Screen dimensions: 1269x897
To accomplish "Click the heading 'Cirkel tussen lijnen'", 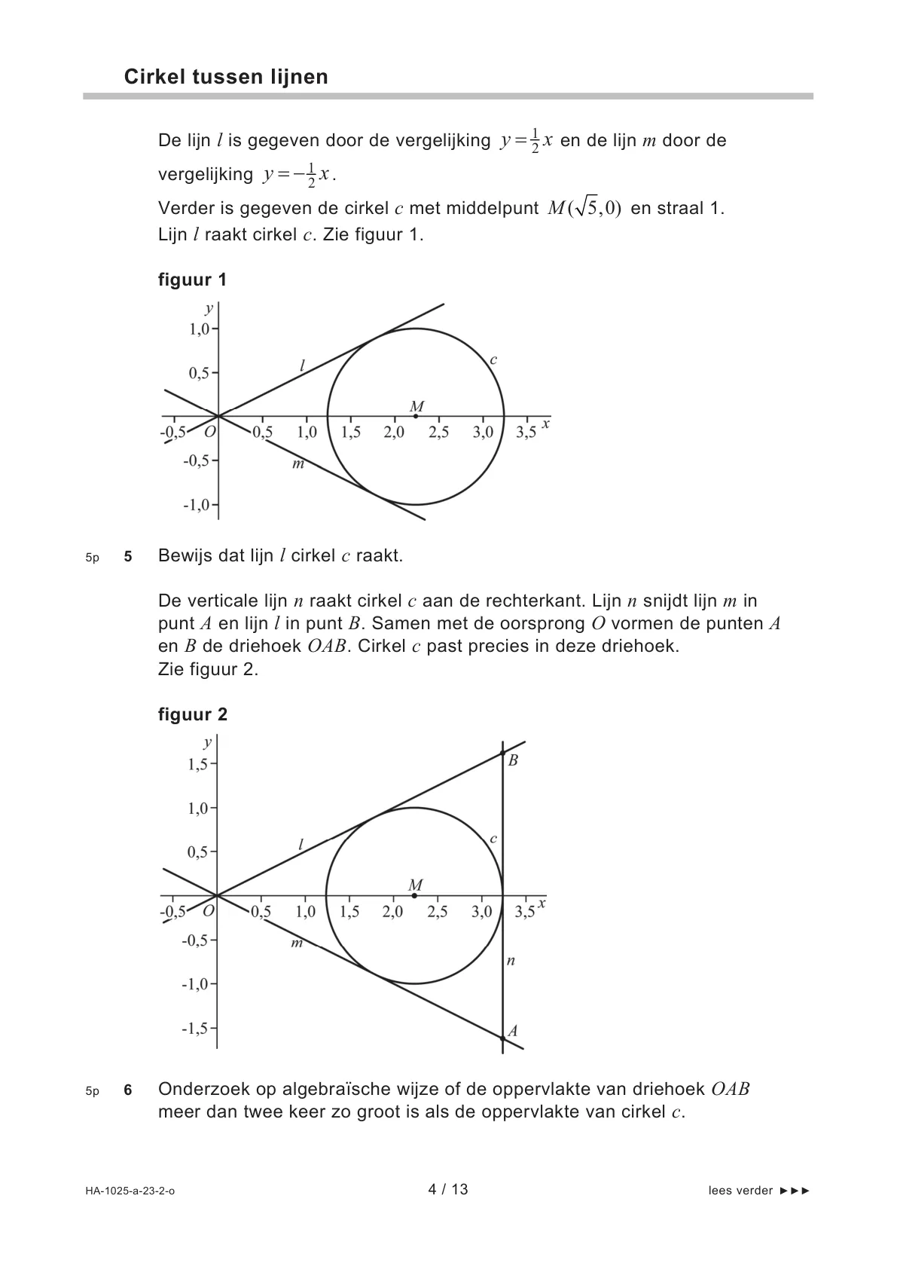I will tap(226, 77).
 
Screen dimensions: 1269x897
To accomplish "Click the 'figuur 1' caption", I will tap(192, 280).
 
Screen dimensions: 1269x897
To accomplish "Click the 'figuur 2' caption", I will tap(192, 714).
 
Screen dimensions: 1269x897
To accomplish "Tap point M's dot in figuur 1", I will tap(416, 416).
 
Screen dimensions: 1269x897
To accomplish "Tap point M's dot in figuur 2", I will tap(414, 895).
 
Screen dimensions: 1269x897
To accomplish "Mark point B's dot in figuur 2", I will tap(502, 753).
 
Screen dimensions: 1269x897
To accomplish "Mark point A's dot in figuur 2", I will tap(502, 1038).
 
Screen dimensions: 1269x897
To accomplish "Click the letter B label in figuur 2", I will tap(513, 760).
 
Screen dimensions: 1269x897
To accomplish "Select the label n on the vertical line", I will tap(511, 961).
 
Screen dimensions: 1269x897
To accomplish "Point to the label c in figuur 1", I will tap(493, 360).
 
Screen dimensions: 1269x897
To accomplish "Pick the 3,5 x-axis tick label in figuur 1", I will tap(526, 433).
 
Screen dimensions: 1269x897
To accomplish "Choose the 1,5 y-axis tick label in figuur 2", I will tap(197, 764).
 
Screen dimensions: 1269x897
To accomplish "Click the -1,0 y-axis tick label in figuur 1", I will tap(197, 505).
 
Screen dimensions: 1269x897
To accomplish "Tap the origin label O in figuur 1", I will tap(209, 432).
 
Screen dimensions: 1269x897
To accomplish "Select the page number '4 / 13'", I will tap(448, 1190).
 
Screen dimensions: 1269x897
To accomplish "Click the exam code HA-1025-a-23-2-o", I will tap(130, 1191).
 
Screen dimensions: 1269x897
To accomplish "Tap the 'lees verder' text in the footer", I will tap(740, 1191).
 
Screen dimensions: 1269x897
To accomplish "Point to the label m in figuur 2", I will tap(297, 943).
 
